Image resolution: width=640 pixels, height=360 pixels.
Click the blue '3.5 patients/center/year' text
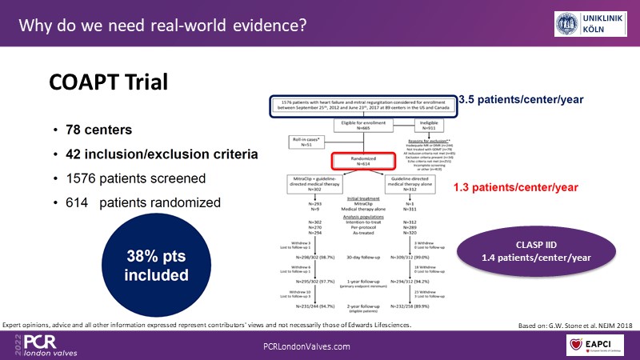[520, 100]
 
